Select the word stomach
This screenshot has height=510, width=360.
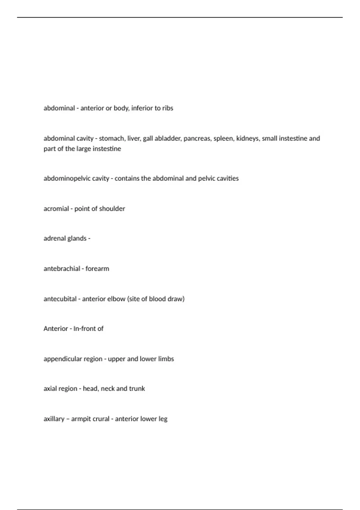[x=111, y=138]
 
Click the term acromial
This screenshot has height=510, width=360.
[x=56, y=208]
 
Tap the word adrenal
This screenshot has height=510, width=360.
[x=54, y=238]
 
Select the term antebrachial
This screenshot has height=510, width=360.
[x=62, y=268]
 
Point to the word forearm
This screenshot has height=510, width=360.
[x=97, y=268]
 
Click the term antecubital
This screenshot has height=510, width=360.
[x=60, y=299]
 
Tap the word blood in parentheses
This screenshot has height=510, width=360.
[x=157, y=299]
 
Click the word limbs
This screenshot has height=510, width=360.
[x=166, y=359]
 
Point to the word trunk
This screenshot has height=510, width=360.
[x=137, y=388]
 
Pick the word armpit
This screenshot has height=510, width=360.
[x=81, y=419]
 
